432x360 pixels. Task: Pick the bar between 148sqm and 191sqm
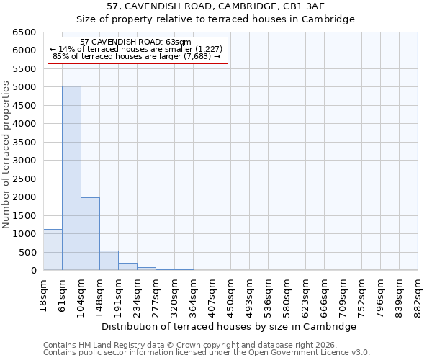pyautogui.click(x=109, y=261)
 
